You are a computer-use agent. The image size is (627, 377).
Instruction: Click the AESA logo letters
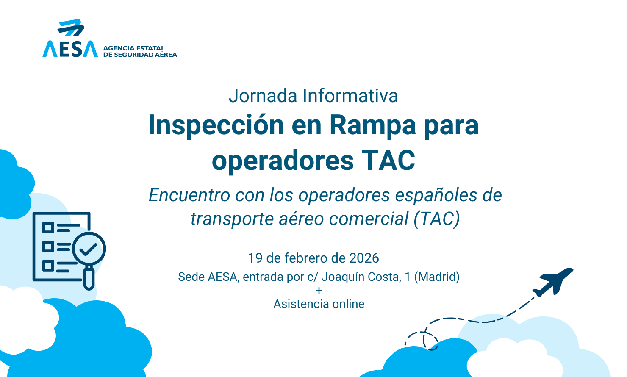coord(70,49)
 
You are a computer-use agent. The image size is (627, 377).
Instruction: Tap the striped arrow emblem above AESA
coord(71,28)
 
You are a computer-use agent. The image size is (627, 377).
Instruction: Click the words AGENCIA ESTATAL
coord(134,48)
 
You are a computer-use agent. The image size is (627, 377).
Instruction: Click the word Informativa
coord(350,96)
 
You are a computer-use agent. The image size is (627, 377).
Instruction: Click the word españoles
coord(435,195)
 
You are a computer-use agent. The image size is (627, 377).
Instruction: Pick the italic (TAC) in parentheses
coord(437,219)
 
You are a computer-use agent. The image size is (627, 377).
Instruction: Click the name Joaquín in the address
coord(342,277)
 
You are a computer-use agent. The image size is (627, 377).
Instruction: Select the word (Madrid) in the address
coord(437,277)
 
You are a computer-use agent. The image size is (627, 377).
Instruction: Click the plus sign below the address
coord(319,291)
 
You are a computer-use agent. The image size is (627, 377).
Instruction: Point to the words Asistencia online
coord(319,304)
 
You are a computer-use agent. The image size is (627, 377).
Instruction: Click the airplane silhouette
coord(553,282)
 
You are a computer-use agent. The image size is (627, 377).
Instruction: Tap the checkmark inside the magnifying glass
coord(88,249)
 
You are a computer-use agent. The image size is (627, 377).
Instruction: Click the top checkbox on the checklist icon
coord(48,228)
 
